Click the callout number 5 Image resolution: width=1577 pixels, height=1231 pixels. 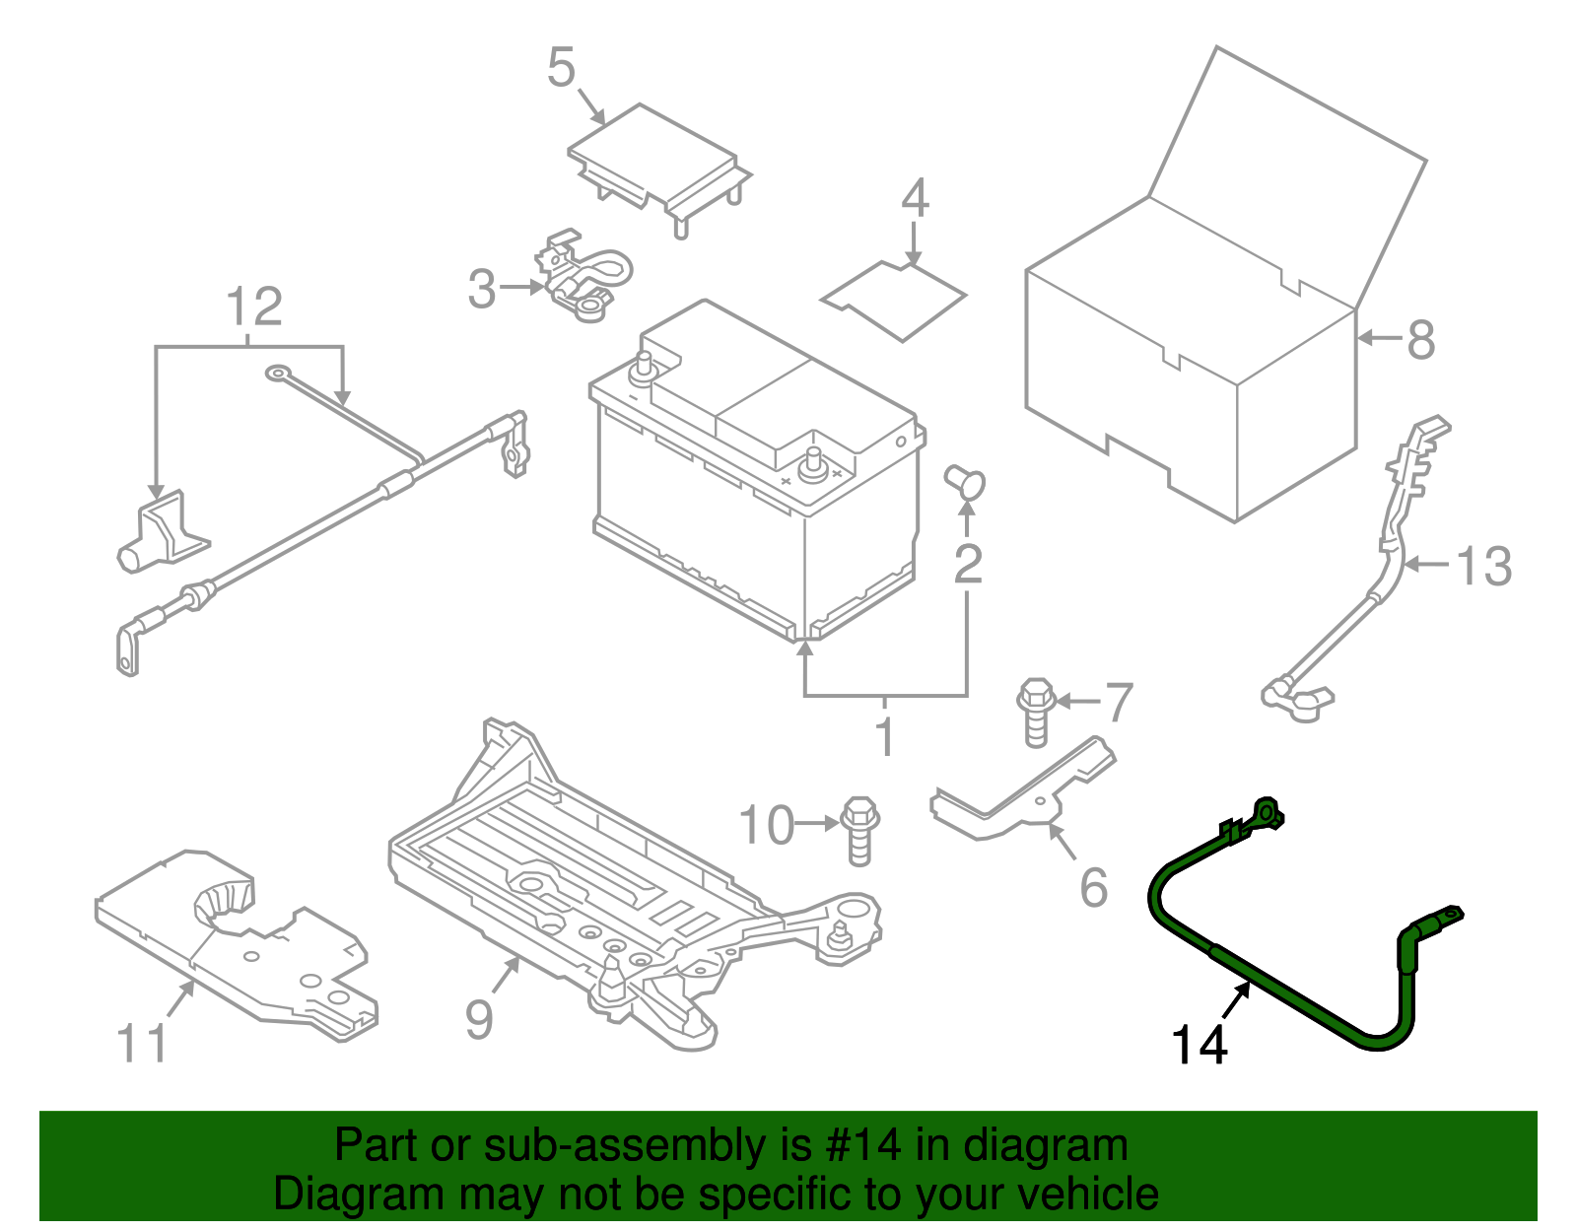click(561, 68)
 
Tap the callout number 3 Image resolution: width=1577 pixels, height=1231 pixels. click(481, 289)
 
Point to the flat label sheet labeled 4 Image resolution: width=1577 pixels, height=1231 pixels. click(893, 299)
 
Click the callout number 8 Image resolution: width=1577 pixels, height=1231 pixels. click(1420, 340)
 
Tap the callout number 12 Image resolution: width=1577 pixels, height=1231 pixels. click(254, 307)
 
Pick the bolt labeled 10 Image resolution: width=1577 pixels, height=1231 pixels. click(859, 829)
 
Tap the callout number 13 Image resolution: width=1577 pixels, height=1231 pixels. click(1483, 567)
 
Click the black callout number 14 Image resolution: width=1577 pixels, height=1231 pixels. click(1200, 1046)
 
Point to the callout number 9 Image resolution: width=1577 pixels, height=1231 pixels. click(479, 1018)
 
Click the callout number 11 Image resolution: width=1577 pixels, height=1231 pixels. click(143, 1044)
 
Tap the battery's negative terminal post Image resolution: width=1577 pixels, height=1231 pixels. click(646, 367)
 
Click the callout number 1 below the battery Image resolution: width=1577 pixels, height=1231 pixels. click(885, 736)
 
